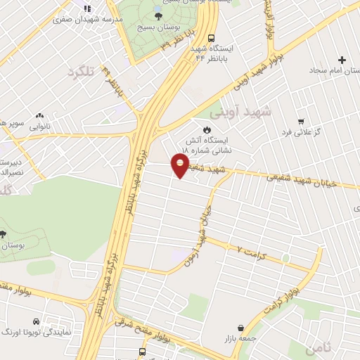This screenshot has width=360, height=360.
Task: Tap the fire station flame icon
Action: coord(207,129)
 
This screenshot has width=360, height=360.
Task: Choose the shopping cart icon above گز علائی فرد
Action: coord(301,121)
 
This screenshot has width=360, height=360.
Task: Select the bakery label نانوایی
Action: coord(39,127)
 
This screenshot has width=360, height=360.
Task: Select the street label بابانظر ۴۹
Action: coord(115,84)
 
